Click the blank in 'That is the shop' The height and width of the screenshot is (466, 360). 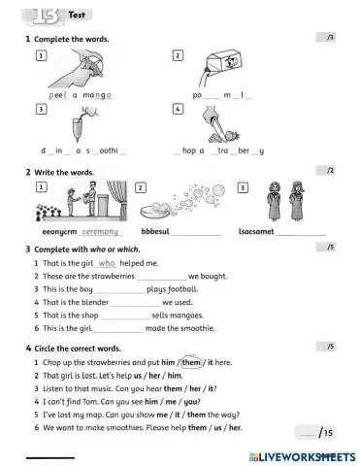[125, 316]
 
